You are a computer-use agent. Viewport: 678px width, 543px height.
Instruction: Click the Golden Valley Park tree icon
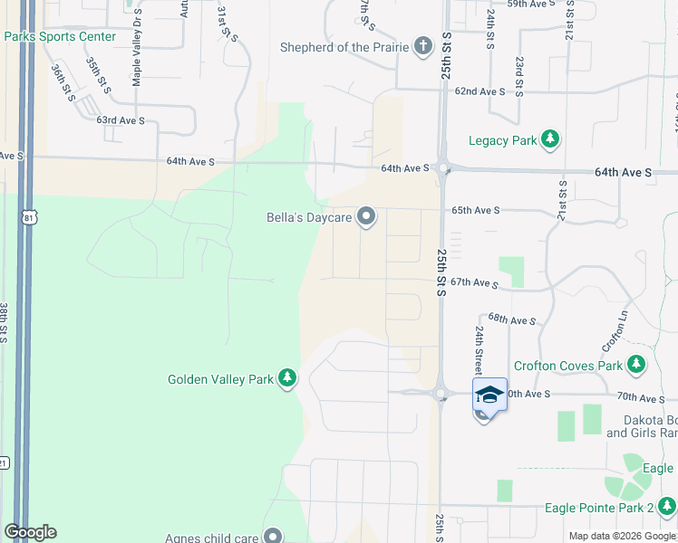287,377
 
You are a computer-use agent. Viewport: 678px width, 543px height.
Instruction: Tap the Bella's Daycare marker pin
366,215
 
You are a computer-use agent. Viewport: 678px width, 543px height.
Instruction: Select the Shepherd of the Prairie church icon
422,46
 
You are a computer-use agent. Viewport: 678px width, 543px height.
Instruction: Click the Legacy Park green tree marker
549,139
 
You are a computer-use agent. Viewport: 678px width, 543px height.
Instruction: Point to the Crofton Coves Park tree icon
637,365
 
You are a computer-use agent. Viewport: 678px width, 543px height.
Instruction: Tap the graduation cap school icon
489,395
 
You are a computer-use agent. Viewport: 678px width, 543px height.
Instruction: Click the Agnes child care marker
272,536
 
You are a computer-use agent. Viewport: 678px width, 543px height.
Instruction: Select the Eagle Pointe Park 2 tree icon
667,507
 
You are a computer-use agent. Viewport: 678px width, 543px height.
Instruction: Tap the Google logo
30,532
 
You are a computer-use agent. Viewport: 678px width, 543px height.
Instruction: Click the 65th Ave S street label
476,210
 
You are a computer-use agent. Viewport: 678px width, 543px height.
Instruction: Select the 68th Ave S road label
512,319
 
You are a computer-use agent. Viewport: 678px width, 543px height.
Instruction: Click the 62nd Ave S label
479,91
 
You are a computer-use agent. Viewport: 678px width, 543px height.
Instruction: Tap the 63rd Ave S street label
121,119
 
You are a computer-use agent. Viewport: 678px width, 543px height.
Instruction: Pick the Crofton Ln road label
615,332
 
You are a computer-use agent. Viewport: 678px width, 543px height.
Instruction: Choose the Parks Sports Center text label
60,36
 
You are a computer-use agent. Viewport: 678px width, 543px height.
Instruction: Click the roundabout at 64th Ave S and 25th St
443,167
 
